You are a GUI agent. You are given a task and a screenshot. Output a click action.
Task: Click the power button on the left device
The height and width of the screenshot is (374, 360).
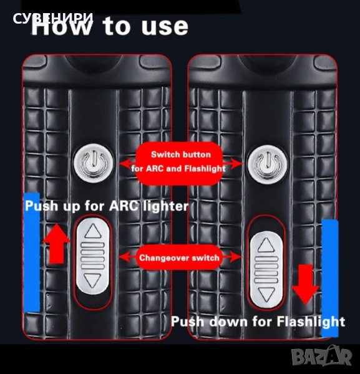pos(94,163)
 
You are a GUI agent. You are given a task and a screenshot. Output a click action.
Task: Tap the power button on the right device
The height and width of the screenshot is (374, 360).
pos(268,163)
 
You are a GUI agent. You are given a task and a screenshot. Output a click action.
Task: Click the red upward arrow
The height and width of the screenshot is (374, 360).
pos(57,244)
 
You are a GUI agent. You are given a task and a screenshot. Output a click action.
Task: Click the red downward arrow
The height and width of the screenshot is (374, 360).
pos(306,284)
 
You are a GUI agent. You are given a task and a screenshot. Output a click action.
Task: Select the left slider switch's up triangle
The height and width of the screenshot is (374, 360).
pos(93,231)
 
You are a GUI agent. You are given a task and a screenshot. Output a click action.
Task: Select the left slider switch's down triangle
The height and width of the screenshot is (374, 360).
pos(93,280)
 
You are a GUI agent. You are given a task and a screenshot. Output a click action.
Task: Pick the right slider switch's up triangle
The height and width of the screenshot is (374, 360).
pos(266,245)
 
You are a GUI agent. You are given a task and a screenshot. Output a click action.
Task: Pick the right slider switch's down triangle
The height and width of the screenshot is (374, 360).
pos(266,294)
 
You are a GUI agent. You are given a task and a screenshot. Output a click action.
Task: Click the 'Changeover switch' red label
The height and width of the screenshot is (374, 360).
pos(179,257)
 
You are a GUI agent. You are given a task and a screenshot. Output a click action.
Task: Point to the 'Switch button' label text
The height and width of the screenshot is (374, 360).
pos(181,155)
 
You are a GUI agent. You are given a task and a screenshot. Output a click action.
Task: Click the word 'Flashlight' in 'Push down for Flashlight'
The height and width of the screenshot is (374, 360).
pos(311,322)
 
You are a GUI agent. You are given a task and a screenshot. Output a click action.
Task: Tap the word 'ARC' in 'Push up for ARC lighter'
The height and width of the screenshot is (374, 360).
pos(124,206)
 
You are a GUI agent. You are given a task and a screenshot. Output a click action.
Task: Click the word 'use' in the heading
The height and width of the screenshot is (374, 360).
pos(165,26)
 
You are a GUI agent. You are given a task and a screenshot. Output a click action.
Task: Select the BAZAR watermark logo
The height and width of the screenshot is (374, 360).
pos(322,356)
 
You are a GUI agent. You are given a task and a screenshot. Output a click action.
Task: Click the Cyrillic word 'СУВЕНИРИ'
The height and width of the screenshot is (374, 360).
pos(53,18)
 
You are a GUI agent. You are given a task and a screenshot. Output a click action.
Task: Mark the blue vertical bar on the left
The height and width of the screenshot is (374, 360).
pos(32,252)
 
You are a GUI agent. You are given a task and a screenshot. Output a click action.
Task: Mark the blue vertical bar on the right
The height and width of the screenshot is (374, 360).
pos(330,278)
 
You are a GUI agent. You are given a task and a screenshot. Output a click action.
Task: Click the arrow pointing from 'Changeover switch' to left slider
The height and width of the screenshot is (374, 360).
pos(127,257)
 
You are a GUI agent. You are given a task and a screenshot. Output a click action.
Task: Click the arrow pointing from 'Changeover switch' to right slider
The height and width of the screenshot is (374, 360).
pos(232,257)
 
